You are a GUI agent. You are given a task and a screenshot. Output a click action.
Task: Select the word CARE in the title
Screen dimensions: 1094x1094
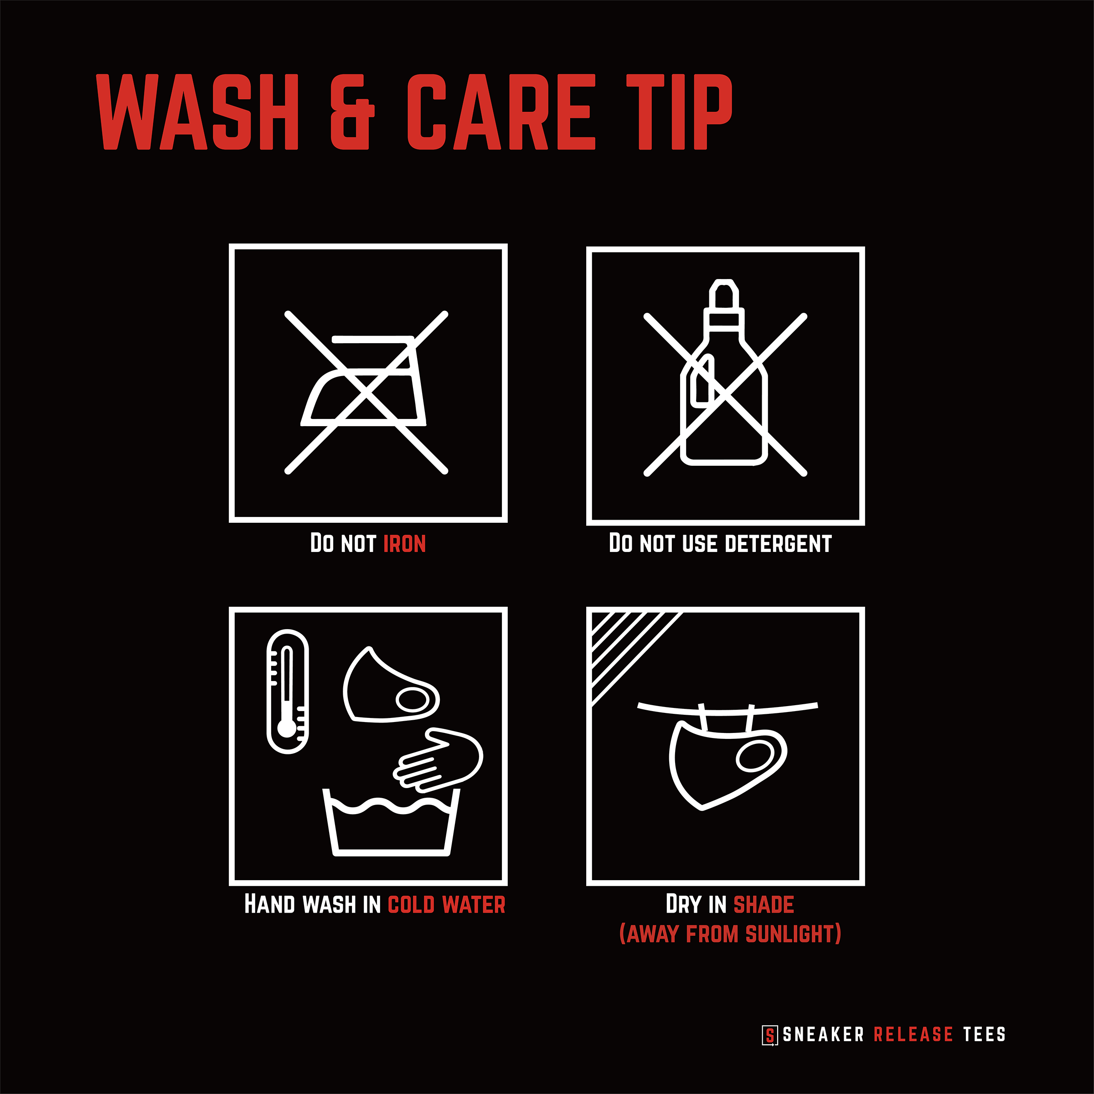coord(501,112)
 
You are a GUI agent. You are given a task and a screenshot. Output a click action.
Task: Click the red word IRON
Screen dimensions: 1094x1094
coord(404,544)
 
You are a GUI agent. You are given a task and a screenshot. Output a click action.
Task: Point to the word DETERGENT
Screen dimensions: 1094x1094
coord(778,544)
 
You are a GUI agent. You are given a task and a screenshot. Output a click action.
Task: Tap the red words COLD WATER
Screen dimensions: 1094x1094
coord(446,905)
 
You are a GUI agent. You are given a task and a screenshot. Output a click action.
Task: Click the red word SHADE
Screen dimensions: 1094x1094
coord(764,905)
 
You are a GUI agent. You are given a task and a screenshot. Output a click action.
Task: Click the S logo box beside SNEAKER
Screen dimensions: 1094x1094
coord(769,1035)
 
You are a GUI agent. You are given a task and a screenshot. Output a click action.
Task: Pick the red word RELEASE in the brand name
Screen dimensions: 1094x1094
coord(913,1035)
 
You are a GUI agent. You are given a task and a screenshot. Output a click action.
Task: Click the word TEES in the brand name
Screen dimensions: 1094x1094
coord(984,1035)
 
